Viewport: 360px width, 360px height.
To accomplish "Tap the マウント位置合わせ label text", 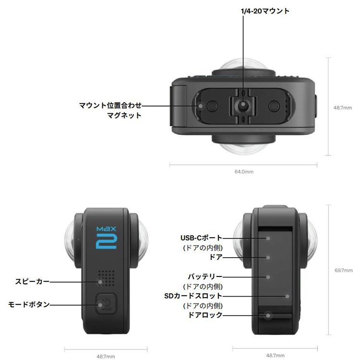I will [x=111, y=104].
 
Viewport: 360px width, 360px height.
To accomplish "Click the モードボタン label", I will [x=29, y=304].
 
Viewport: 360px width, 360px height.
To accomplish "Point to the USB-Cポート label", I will [x=202, y=238].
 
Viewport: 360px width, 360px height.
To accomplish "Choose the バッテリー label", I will [x=205, y=277].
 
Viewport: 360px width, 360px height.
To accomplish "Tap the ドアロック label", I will [x=205, y=315].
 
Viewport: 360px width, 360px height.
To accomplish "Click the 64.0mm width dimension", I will [x=243, y=171].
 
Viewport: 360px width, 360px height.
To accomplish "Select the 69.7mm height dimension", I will [x=343, y=270].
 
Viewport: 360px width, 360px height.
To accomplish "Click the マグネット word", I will [x=124, y=115].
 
